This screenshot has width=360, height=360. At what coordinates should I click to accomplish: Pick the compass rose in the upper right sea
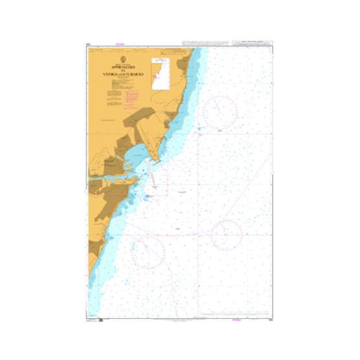point(220,110)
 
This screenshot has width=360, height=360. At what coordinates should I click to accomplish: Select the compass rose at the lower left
point(148,250)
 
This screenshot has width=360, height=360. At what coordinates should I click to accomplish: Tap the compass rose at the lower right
point(225,235)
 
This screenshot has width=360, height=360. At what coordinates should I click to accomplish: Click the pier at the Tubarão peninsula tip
point(154,166)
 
